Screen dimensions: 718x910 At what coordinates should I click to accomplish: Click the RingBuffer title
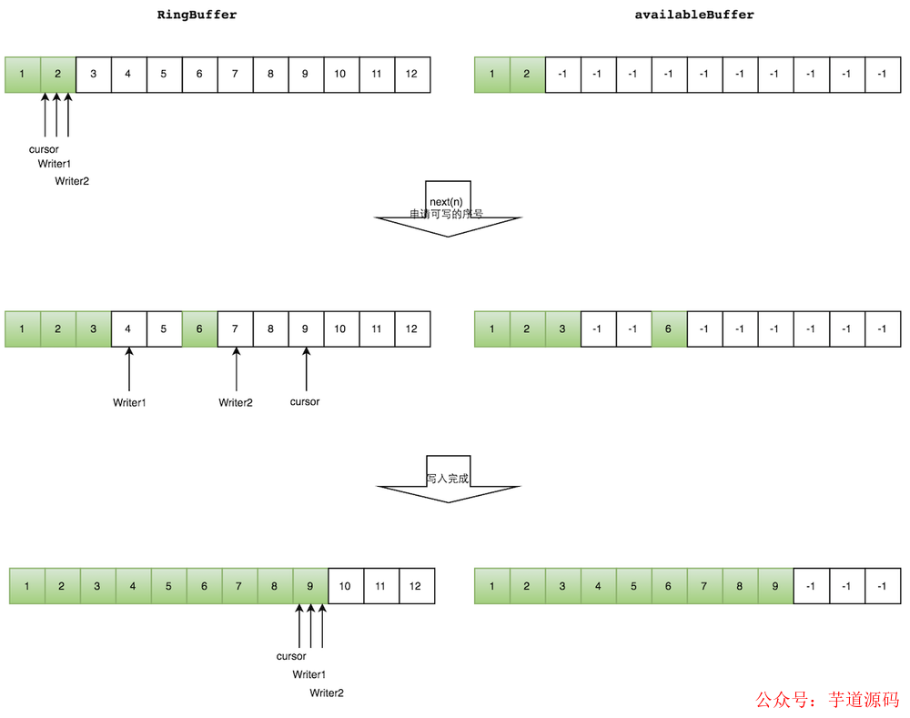pyautogui.click(x=197, y=15)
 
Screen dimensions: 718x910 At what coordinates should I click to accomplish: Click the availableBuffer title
pyautogui.click(x=694, y=15)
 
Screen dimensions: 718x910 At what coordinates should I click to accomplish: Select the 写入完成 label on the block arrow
pyautogui.click(x=448, y=478)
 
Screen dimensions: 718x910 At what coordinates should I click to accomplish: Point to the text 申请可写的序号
pyautogui.click(x=446, y=214)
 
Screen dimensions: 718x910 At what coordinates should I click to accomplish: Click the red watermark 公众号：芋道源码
pyautogui.click(x=827, y=700)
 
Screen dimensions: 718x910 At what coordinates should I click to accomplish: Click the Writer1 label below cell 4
pyautogui.click(x=129, y=402)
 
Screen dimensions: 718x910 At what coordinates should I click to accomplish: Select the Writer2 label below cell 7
pyautogui.click(x=236, y=402)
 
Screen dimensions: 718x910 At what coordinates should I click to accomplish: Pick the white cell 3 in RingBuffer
pyautogui.click(x=94, y=74)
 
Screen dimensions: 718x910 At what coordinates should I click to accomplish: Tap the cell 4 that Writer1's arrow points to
pyautogui.click(x=129, y=329)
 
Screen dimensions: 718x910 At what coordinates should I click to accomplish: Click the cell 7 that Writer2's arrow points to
pyautogui.click(x=236, y=329)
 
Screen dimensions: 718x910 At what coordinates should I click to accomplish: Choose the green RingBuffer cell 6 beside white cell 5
pyautogui.click(x=200, y=329)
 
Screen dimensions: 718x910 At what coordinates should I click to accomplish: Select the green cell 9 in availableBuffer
pyautogui.click(x=774, y=586)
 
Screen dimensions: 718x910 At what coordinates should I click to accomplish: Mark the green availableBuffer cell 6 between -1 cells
pyautogui.click(x=669, y=329)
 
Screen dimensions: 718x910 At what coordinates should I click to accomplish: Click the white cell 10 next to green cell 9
pyautogui.click(x=346, y=586)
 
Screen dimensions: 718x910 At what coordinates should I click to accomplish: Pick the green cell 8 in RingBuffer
pyautogui.click(x=275, y=586)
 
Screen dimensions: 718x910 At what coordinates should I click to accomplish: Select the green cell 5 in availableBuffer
pyautogui.click(x=633, y=586)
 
